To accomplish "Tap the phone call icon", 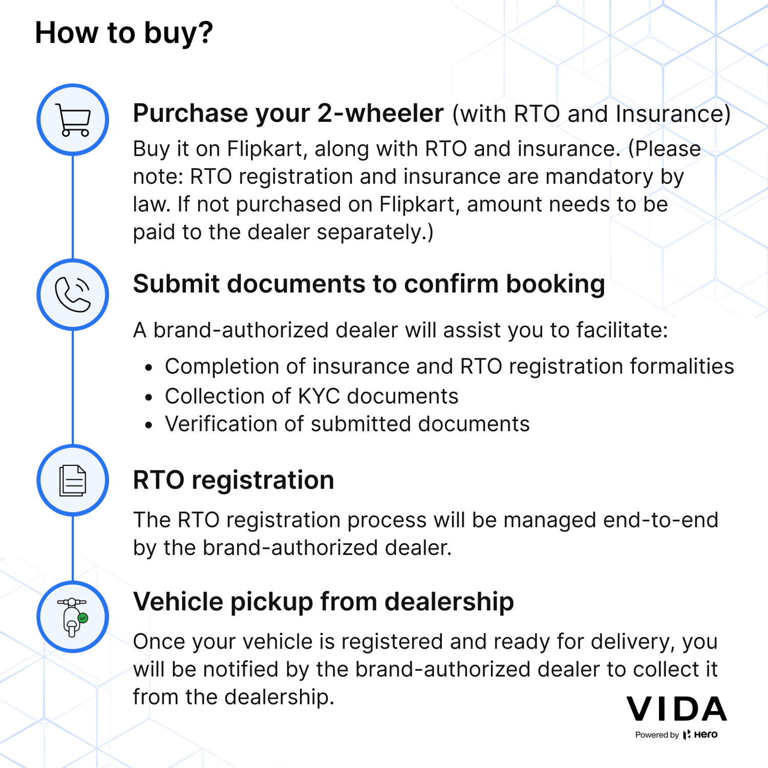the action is click(x=73, y=294).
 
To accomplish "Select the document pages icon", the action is click(x=73, y=480).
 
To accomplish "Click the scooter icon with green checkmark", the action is click(x=73, y=617).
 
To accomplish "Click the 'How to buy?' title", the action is click(x=124, y=33).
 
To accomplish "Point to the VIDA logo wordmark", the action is click(x=677, y=709).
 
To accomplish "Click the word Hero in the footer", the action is click(x=706, y=734).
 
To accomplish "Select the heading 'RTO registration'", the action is click(x=233, y=480).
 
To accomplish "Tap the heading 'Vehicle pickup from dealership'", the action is click(x=324, y=602).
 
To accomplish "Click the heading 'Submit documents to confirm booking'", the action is click(x=369, y=285).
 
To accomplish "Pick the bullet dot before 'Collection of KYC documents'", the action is click(x=148, y=397).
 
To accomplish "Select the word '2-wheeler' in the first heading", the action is click(x=380, y=113).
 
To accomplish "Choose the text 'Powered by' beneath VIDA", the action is click(x=657, y=735).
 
